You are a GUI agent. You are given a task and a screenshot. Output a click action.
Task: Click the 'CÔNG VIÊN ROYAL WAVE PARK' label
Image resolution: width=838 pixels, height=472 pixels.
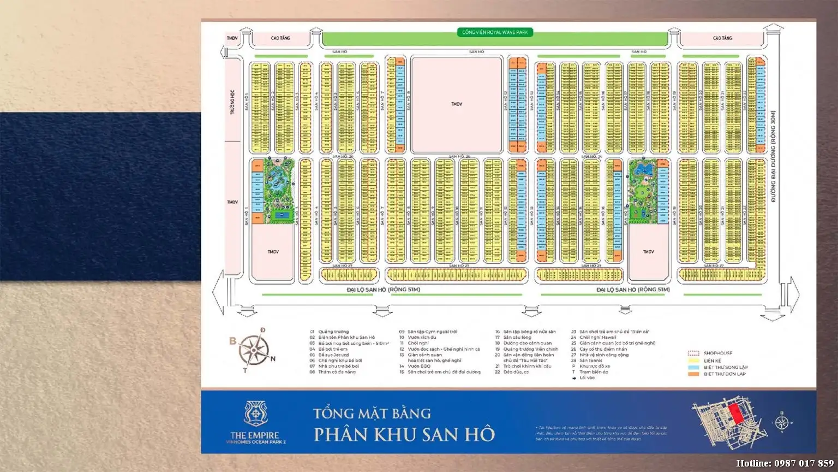point(495,32)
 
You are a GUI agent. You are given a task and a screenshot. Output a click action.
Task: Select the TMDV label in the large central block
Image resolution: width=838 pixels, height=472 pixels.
point(457,104)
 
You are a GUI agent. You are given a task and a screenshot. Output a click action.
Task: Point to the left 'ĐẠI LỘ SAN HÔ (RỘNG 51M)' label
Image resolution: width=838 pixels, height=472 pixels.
point(383,290)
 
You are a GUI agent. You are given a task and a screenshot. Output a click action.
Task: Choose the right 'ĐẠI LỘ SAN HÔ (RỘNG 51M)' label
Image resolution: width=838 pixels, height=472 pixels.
point(632,290)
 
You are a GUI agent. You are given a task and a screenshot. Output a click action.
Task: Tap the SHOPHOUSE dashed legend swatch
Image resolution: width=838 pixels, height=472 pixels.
point(693,353)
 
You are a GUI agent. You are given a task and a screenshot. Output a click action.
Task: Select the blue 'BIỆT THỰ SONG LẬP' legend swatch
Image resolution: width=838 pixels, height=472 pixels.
point(693,367)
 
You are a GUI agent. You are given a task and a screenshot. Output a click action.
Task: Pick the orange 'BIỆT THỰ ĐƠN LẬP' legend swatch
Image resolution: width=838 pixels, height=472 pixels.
point(693,374)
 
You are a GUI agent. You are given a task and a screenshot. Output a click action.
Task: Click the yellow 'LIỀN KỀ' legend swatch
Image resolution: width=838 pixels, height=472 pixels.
point(693,361)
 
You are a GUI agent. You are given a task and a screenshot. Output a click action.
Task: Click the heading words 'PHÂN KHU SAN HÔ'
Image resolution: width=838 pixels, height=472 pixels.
point(404,434)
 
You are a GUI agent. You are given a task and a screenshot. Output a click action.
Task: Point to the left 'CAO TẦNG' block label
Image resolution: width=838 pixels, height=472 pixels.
point(280,38)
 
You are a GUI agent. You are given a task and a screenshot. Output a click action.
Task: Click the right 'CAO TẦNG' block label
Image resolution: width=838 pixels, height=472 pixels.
point(722,38)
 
